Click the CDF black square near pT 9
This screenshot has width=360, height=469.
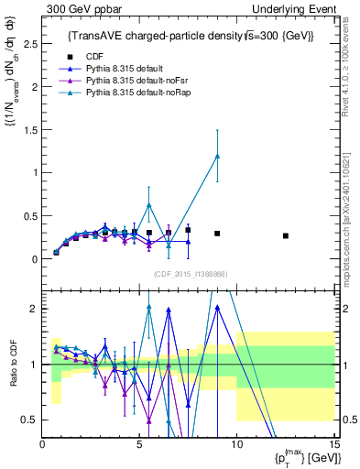(x=217, y=234)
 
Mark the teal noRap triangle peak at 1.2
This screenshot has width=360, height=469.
(x=217, y=156)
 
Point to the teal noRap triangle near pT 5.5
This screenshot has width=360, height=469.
(x=149, y=205)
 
